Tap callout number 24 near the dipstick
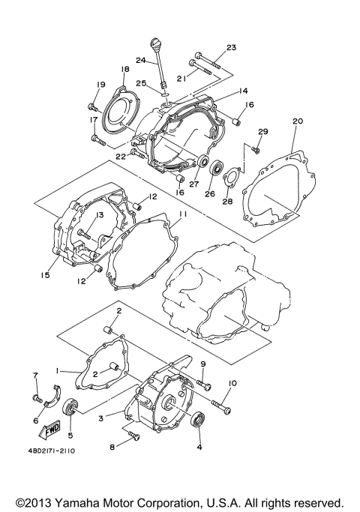(x=140, y=60)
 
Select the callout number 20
(x=297, y=121)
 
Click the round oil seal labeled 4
(x=199, y=420)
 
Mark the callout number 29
(x=262, y=132)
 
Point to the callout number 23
(x=231, y=47)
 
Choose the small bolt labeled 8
(x=133, y=435)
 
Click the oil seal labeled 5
(x=72, y=408)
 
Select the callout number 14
(x=243, y=91)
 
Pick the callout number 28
(x=226, y=202)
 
